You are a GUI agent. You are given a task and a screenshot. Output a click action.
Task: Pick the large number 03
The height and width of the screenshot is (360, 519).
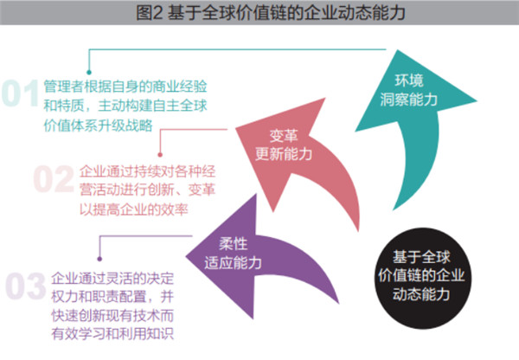coord(26,284)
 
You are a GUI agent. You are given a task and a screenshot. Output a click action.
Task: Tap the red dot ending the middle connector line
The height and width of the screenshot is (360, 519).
coord(159,152)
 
